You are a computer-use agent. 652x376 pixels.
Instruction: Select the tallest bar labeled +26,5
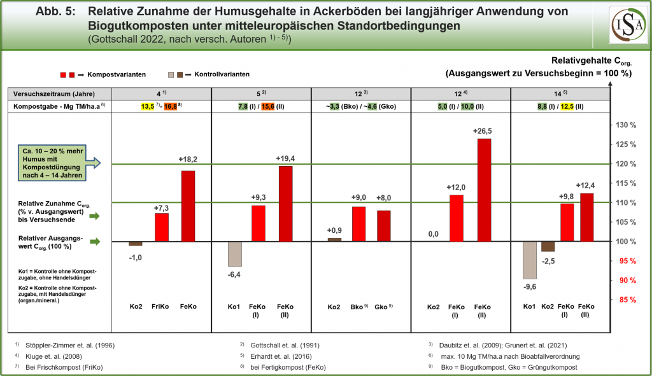pyautogui.click(x=485, y=190)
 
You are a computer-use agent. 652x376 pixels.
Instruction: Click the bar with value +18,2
pyautogui.click(x=188, y=206)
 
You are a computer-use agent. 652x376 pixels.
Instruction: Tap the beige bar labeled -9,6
pyautogui.click(x=529, y=260)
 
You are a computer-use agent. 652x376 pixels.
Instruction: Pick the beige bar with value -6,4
pyautogui.click(x=235, y=253)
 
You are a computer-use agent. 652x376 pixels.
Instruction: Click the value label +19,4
pyautogui.click(x=285, y=158)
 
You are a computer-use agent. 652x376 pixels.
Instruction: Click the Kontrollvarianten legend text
pyautogui.click(x=222, y=74)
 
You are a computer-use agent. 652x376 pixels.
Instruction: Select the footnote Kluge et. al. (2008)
pyautogui.click(x=53, y=356)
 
